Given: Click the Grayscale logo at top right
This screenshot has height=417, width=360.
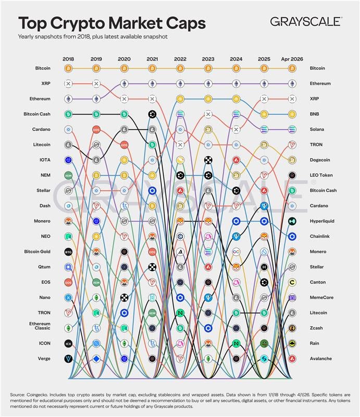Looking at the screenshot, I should click(x=306, y=21).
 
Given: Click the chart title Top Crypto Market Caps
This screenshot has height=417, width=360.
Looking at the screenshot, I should click(x=112, y=23).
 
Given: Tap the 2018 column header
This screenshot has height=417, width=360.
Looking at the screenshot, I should click(x=68, y=58).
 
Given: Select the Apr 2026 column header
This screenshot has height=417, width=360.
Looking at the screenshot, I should click(x=292, y=58).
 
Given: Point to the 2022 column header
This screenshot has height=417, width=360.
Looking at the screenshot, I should click(x=180, y=58).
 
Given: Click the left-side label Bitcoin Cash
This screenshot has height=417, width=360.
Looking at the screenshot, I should click(x=36, y=114).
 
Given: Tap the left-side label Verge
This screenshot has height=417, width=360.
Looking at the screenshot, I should click(x=43, y=359).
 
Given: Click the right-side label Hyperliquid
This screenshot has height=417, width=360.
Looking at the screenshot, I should click(x=322, y=221).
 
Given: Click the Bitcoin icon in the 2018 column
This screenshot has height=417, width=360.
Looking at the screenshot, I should click(x=68, y=68).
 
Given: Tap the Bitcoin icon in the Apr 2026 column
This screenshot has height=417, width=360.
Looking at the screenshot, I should click(x=292, y=68).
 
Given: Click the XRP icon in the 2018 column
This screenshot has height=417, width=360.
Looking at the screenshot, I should click(x=68, y=83).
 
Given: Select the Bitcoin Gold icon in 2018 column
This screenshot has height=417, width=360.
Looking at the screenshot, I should click(x=68, y=252).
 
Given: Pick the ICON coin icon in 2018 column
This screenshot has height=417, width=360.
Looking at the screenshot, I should click(x=68, y=344).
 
